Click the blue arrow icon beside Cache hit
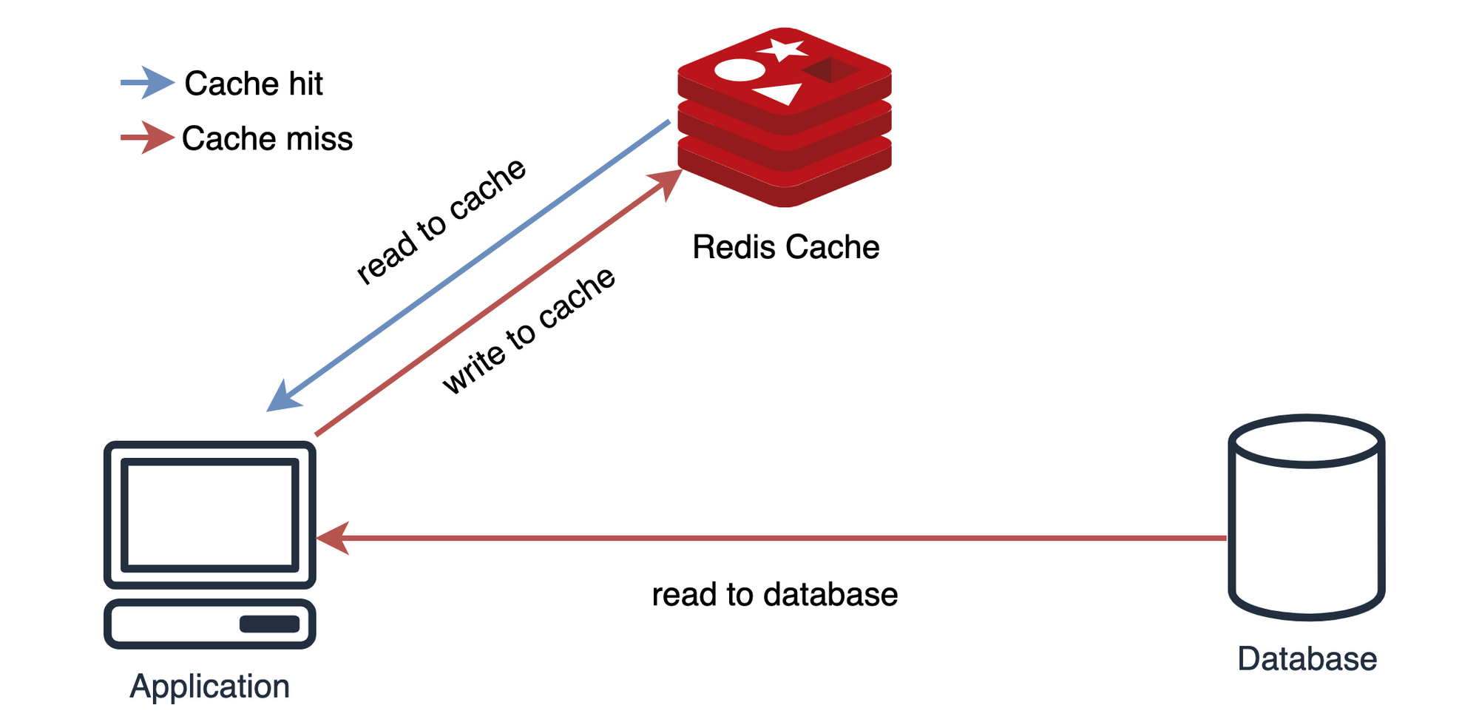tap(149, 82)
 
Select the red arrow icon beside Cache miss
tap(149, 138)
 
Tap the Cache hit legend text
tap(254, 84)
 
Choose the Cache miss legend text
tap(267, 139)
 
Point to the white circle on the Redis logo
tap(739, 70)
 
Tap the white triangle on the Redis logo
tap(781, 95)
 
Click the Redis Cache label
tap(785, 247)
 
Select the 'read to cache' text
tap(441, 221)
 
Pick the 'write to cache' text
tap(529, 331)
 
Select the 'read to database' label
tap(774, 595)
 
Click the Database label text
tap(1307, 659)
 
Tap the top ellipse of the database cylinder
tap(1307, 442)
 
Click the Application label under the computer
tap(209, 687)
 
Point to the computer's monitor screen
tap(210, 515)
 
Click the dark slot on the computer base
tap(269, 624)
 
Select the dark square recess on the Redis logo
tap(830, 71)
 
